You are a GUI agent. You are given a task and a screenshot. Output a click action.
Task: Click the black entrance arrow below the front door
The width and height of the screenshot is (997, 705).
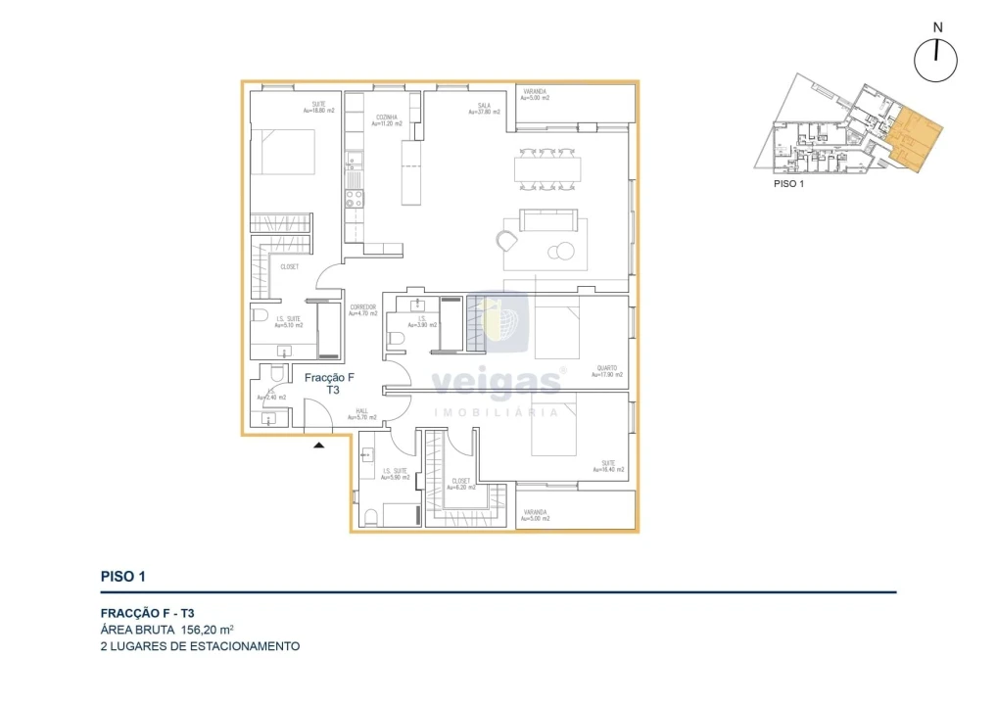[318, 446]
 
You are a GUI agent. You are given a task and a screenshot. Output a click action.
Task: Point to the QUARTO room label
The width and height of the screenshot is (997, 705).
[608, 369]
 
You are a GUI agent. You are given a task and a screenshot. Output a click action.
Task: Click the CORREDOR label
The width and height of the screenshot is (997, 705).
[362, 308]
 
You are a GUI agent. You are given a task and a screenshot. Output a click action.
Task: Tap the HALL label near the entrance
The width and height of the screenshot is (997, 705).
[362, 412]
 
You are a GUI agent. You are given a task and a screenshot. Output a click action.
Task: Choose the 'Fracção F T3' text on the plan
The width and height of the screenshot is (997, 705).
[329, 383]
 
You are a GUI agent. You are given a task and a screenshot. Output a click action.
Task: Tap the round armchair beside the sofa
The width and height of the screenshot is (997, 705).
[507, 240]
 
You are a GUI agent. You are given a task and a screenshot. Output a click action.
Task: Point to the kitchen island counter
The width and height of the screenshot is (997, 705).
[410, 171]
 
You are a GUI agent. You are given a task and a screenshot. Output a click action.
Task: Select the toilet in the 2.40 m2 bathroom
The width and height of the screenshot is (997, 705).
[276, 376]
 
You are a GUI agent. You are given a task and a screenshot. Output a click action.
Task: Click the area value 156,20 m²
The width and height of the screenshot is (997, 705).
[207, 630]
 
